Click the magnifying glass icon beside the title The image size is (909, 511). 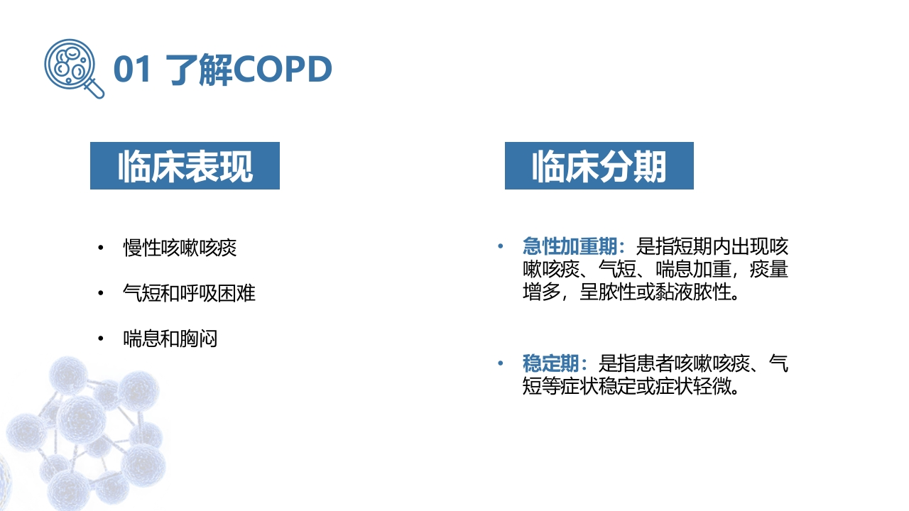tap(74, 68)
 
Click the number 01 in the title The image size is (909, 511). tap(132, 70)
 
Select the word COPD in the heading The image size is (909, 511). tap(283, 70)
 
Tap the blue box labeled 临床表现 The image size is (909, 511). tap(185, 165)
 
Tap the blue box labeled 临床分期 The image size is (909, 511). tap(599, 165)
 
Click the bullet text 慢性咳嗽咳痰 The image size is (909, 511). tap(180, 248)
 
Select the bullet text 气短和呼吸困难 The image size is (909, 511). tap(189, 293)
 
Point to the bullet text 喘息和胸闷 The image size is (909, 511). tap(170, 339)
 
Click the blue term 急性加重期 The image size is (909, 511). tap(570, 246)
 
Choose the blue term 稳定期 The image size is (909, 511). tap(550, 363)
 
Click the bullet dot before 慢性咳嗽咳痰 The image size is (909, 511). tap(101, 248)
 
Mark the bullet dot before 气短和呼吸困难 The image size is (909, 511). tap(101, 293)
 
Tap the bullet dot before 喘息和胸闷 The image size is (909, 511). tap(101, 339)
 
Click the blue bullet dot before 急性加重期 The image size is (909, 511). tap(501, 246)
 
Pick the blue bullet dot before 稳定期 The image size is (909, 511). tap(501, 363)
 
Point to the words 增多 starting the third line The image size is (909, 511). tap(541, 292)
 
